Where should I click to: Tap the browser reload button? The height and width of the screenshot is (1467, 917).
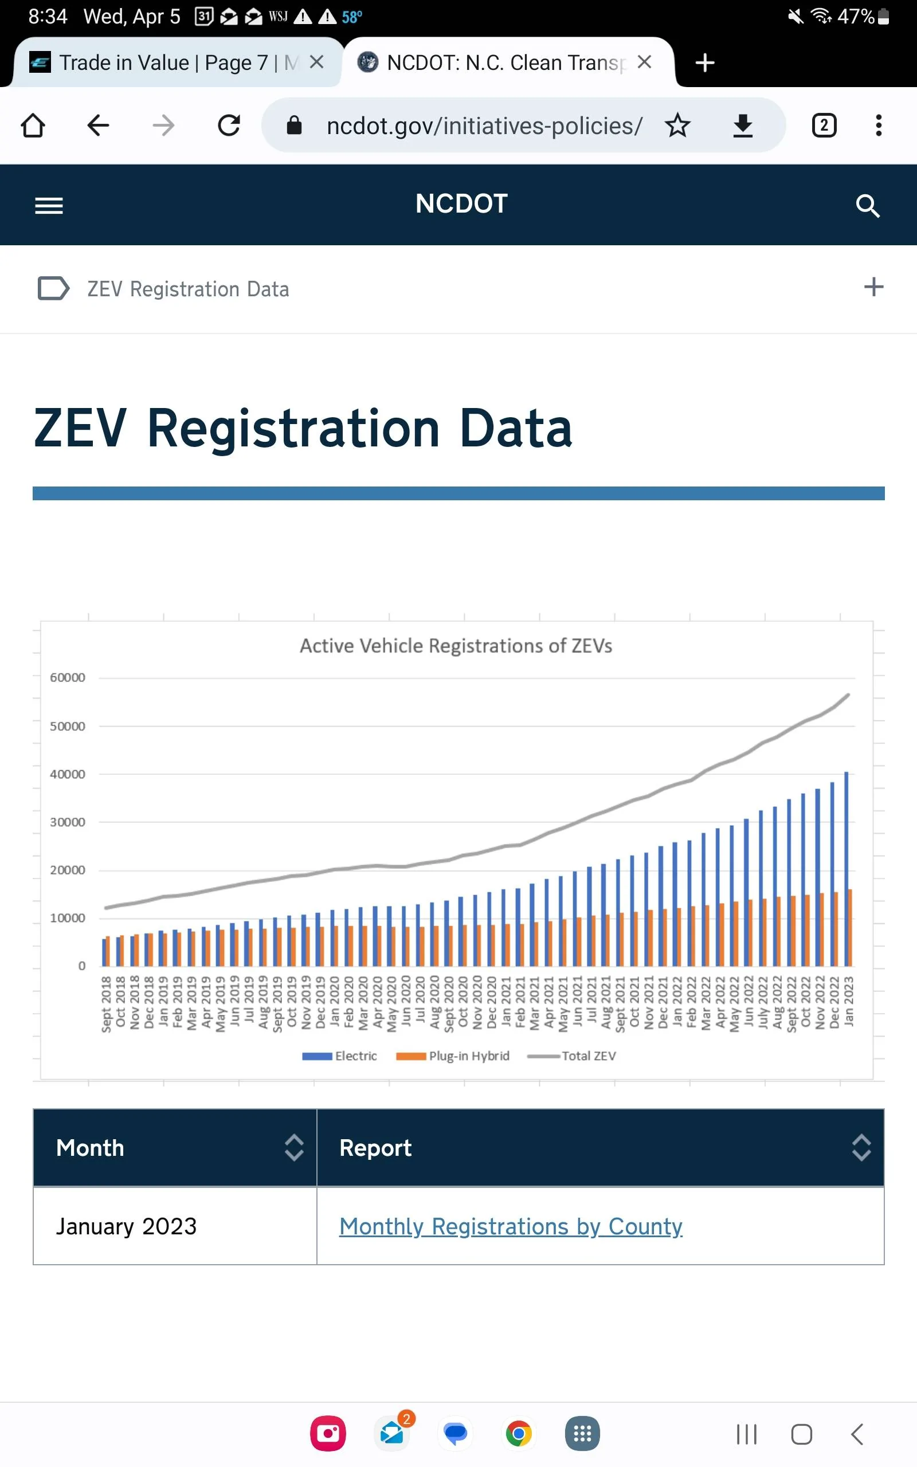point(229,125)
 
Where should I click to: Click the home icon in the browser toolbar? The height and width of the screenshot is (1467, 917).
point(33,125)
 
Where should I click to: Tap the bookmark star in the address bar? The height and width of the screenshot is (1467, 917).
point(677,125)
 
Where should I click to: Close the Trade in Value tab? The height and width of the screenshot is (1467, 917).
point(316,62)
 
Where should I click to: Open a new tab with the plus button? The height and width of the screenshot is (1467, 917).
point(705,62)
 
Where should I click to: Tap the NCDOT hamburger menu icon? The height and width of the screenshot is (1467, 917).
point(49,206)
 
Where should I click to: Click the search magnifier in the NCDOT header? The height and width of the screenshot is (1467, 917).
point(867,206)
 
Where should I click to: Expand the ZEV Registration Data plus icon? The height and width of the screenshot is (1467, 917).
point(873,287)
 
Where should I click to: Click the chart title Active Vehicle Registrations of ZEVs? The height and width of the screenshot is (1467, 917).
point(456,646)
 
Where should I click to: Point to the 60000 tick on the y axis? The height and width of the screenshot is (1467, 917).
point(67,677)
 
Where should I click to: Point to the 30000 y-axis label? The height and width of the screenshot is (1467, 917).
point(67,822)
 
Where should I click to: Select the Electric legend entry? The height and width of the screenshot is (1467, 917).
point(340,1056)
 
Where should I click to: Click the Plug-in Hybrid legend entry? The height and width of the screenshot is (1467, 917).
point(452,1056)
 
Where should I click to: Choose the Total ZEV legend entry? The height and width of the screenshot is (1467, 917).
point(571,1056)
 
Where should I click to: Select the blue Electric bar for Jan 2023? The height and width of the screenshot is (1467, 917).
point(846,869)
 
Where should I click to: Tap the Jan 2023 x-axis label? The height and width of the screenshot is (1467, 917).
point(848,1001)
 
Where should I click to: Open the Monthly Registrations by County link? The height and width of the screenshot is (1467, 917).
point(511,1226)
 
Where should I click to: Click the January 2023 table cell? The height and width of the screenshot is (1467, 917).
point(175,1226)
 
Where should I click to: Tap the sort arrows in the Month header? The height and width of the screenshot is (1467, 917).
point(294,1148)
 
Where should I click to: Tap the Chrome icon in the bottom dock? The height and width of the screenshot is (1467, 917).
point(519,1434)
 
